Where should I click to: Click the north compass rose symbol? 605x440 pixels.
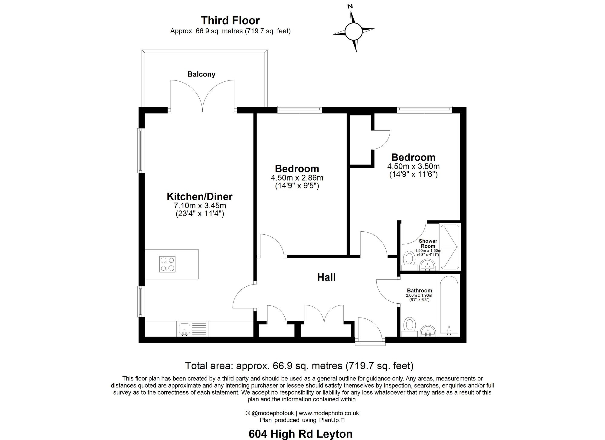pyautogui.click(x=353, y=31)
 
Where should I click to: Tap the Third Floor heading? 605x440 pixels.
pyautogui.click(x=230, y=20)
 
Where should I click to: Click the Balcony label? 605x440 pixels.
pyautogui.click(x=201, y=74)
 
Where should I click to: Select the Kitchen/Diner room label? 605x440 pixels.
pyautogui.click(x=200, y=197)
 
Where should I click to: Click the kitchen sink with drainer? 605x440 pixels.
pyautogui.click(x=192, y=329)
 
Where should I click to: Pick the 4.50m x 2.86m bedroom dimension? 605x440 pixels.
pyautogui.click(x=297, y=178)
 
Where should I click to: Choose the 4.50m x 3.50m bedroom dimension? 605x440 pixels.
pyautogui.click(x=413, y=166)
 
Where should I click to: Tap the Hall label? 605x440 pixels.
pyautogui.click(x=326, y=277)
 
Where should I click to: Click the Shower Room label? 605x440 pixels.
pyautogui.click(x=428, y=243)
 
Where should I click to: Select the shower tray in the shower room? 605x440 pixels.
pyautogui.click(x=450, y=247)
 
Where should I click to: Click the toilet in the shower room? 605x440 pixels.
pyautogui.click(x=409, y=259)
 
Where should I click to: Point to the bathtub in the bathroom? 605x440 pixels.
pyautogui.click(x=449, y=305)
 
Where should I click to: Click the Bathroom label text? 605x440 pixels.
pyautogui.click(x=419, y=291)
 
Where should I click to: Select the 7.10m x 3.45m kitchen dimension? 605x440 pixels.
pyautogui.click(x=200, y=206)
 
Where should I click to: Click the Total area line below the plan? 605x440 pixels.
pyautogui.click(x=299, y=366)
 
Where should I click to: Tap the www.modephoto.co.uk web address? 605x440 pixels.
pyautogui.click(x=329, y=413)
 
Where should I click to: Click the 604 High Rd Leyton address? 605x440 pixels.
pyautogui.click(x=300, y=434)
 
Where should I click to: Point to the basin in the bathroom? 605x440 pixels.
pyautogui.click(x=428, y=331)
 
